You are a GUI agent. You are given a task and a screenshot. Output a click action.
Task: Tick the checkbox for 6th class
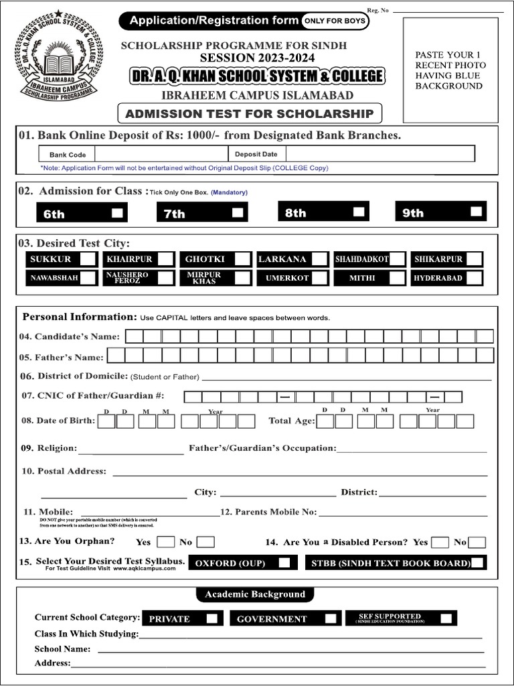[117, 213]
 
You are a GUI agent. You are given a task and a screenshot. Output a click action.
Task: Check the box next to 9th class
[476, 212]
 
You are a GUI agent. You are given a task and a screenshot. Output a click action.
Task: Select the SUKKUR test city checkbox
[88, 259]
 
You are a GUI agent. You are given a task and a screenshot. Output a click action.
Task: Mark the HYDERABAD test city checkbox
[474, 277]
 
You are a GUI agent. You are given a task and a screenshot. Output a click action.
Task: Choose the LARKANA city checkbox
[319, 259]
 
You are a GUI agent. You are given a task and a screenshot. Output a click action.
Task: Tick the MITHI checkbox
[398, 277]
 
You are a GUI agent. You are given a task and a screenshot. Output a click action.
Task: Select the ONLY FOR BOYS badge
[334, 21]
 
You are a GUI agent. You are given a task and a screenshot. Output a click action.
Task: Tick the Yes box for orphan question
[165, 542]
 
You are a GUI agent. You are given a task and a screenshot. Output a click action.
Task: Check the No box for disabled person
[477, 542]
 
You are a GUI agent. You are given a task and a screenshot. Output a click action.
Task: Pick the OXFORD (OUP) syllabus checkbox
[284, 563]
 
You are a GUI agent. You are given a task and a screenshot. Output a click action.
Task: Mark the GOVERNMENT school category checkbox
[331, 618]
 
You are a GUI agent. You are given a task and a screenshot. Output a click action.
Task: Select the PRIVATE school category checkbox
[211, 618]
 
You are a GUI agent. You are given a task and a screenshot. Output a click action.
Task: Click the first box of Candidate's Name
[134, 336]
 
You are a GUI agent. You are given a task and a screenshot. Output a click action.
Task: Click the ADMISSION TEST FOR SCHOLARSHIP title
[249, 113]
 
